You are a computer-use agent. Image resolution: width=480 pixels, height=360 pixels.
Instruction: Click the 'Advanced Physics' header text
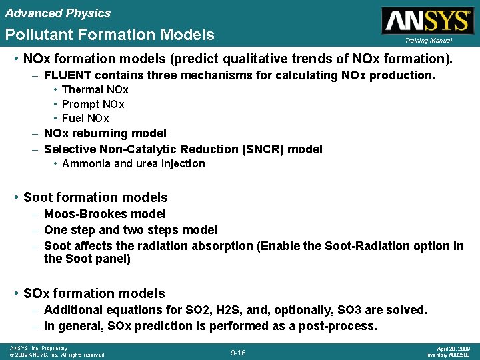58,13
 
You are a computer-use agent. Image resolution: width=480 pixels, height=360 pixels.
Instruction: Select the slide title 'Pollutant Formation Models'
110,35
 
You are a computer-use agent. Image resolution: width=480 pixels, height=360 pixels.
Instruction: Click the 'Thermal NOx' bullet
95,89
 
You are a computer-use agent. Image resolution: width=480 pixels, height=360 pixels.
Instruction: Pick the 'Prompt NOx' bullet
93,104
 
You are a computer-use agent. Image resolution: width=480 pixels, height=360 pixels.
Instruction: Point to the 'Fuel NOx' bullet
85,119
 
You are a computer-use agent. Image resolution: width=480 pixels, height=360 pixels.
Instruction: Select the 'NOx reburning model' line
105,133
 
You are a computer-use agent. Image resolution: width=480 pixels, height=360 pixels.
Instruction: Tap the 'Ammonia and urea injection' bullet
133,164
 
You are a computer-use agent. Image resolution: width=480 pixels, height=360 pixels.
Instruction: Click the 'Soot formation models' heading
95,197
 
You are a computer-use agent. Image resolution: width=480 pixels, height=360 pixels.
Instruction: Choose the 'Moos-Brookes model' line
105,214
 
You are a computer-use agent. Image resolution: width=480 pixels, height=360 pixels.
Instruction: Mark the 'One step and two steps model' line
131,230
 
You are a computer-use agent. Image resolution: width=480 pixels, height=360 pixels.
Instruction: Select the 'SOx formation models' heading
94,293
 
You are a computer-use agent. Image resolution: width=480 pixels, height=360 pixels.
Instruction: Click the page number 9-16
238,352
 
